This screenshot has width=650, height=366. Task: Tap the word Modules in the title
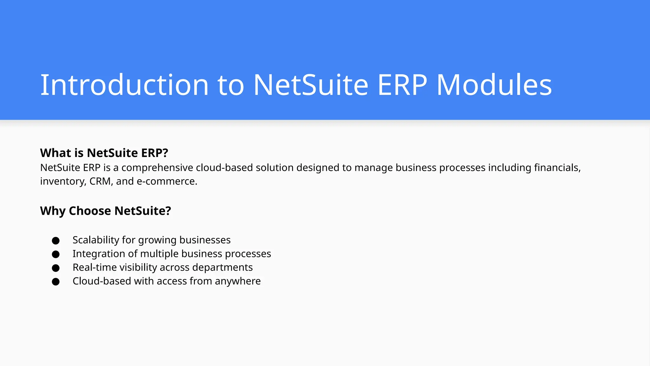494,85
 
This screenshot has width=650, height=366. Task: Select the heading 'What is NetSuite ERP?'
104,153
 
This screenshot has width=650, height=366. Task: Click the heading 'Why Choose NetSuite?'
105,211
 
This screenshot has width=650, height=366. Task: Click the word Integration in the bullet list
99,254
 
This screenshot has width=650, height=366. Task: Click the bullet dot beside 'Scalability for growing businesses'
56,241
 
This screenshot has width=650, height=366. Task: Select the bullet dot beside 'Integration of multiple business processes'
56,254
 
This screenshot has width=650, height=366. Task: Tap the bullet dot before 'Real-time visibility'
56,268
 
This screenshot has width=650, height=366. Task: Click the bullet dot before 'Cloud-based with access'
56,282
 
